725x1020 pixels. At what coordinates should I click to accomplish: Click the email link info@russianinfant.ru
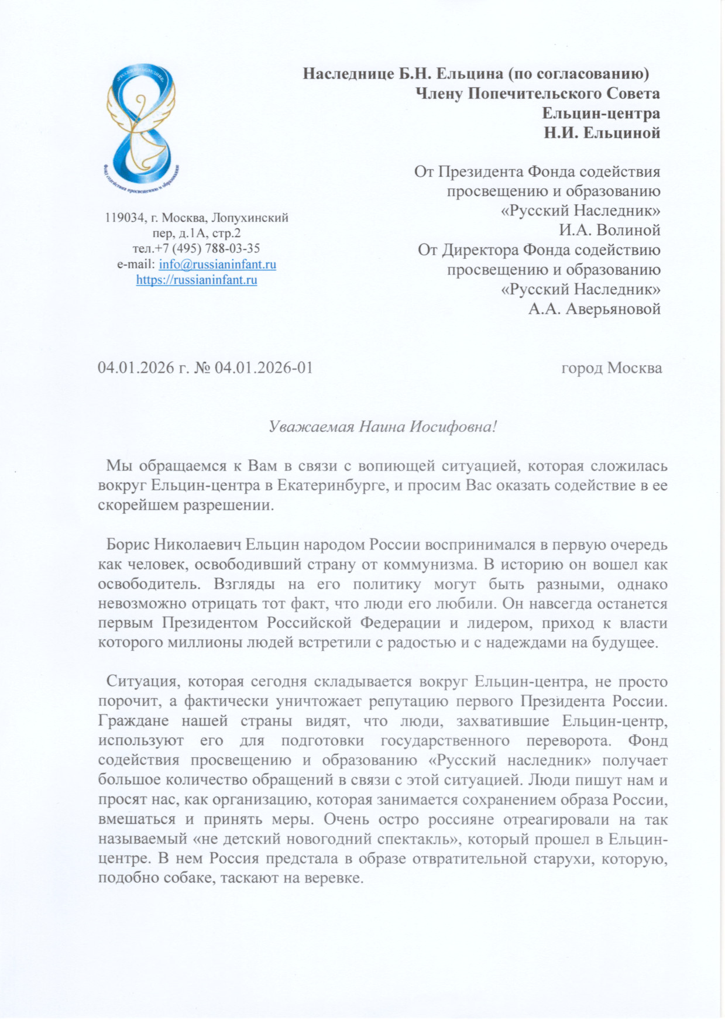218,265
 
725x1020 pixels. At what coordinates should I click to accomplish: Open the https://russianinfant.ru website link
197,280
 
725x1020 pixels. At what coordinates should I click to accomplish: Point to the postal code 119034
125,218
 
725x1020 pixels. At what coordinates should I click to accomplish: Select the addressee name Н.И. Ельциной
602,133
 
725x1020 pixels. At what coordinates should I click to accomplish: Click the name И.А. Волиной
609,230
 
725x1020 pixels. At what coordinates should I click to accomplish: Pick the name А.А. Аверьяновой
594,308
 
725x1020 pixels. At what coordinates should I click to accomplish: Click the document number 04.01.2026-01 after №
264,368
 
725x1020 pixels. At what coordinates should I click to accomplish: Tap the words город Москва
611,368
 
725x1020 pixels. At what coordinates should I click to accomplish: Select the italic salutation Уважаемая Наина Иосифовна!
383,427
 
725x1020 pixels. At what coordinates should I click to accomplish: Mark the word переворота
569,741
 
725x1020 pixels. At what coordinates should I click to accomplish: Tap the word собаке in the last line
187,879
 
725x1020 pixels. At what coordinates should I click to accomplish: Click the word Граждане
133,721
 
